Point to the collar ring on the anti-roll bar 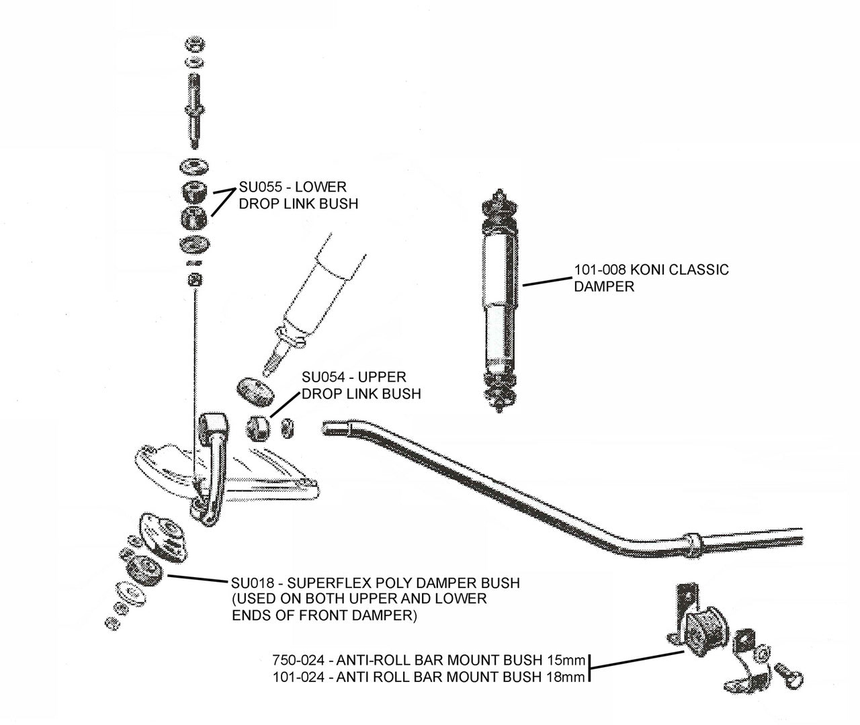[x=693, y=540]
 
